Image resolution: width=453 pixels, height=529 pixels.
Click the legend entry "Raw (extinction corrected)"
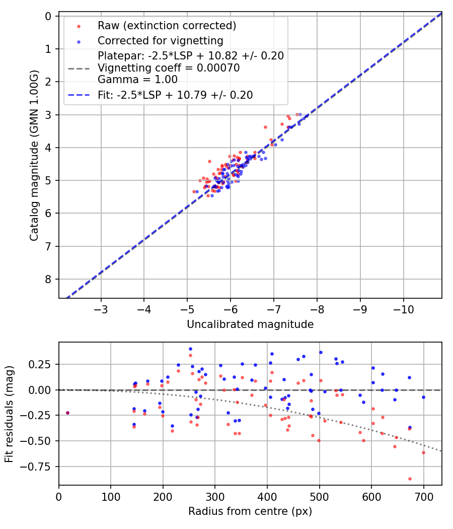[x=167, y=26]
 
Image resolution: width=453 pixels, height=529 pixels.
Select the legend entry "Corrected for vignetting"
[x=161, y=40]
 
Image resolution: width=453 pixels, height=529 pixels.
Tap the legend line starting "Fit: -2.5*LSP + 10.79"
[x=175, y=95]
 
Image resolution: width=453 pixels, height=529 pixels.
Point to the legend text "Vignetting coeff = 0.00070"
[x=169, y=68]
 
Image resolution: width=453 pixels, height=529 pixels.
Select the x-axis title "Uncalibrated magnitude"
[x=250, y=324]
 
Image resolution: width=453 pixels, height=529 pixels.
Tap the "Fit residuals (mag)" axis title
[x=9, y=413]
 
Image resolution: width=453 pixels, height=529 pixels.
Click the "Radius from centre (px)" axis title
[x=250, y=511]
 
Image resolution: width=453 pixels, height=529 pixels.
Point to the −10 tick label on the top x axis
[x=403, y=307]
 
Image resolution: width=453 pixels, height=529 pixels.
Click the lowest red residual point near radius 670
[x=410, y=479]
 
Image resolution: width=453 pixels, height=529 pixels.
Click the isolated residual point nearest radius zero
[x=67, y=413]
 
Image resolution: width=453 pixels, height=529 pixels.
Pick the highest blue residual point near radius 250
[x=190, y=349]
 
